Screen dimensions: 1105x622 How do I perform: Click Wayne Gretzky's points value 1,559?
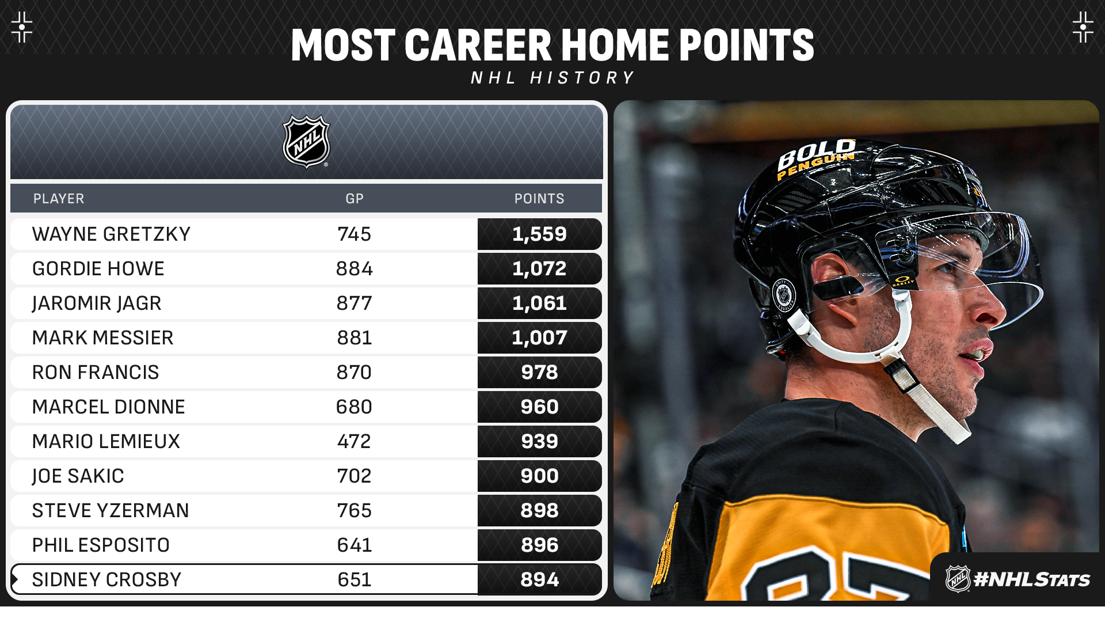point(539,234)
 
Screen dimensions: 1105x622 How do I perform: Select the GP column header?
point(355,199)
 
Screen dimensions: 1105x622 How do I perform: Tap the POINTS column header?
point(539,199)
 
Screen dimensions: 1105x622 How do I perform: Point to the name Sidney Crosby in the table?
point(106,579)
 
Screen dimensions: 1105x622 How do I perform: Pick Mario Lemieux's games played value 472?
point(355,441)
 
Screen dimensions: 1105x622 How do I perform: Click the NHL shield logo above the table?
point(307,142)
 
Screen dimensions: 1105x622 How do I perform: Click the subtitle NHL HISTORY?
point(552,78)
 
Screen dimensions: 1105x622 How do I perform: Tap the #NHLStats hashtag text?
point(1031,579)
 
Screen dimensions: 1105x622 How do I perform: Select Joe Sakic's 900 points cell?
point(539,476)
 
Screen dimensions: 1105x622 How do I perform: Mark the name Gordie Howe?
point(98,268)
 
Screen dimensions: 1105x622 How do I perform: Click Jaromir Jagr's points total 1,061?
point(539,304)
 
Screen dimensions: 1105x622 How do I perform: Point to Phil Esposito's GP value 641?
point(355,545)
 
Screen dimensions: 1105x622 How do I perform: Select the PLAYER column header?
point(59,199)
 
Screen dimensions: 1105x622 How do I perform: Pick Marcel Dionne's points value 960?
point(539,407)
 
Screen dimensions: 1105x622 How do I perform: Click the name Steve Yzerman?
point(110,510)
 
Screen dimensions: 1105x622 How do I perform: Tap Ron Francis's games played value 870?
point(355,372)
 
